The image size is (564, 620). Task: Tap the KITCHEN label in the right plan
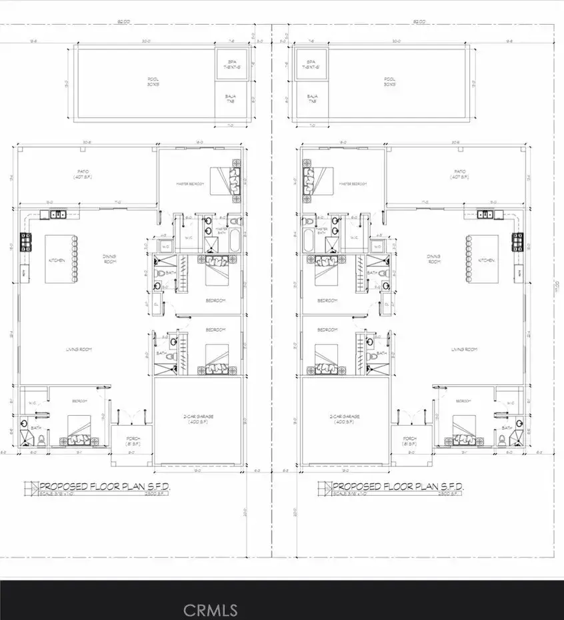pyautogui.click(x=486, y=260)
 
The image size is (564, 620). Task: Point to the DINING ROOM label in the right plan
pyautogui.click(x=435, y=259)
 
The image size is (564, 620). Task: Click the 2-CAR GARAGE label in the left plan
pyautogui.click(x=198, y=418)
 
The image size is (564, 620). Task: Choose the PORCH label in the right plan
pyautogui.click(x=410, y=441)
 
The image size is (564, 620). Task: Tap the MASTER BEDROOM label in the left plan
pyautogui.click(x=189, y=184)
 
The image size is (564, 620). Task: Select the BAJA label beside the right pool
pyautogui.click(x=312, y=99)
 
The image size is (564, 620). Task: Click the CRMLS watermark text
pyautogui.click(x=210, y=609)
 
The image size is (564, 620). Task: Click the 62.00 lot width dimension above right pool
pyautogui.click(x=419, y=22)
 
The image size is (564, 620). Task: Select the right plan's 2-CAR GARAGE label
pyautogui.click(x=346, y=418)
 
